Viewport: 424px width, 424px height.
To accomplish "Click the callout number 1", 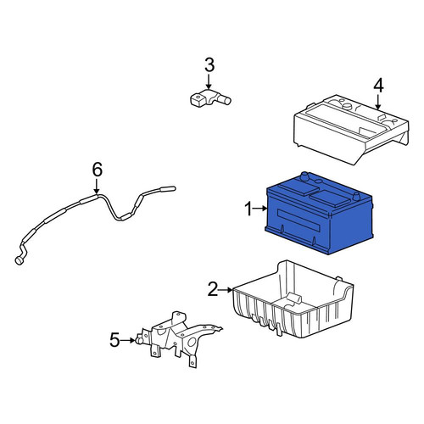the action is pyautogui.click(x=248, y=209).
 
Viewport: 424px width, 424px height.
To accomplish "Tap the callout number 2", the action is pyautogui.click(x=214, y=289).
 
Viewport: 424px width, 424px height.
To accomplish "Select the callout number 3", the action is pyautogui.click(x=209, y=64).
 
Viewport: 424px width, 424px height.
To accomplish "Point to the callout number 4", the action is pyautogui.click(x=378, y=86).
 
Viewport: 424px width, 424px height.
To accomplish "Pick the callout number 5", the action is pyautogui.click(x=114, y=340).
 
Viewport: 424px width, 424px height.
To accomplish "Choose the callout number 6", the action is pyautogui.click(x=98, y=170).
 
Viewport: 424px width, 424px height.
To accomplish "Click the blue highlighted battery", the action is pyautogui.click(x=319, y=213).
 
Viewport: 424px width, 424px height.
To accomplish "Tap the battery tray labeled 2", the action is pyautogui.click(x=293, y=299).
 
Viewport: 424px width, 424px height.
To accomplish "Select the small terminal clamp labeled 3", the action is pyautogui.click(x=209, y=98).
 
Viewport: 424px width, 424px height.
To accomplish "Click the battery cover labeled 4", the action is pyautogui.click(x=351, y=130).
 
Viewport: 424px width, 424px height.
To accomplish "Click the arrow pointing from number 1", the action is pyautogui.click(x=260, y=209).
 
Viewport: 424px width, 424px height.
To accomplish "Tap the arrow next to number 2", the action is pyautogui.click(x=226, y=289).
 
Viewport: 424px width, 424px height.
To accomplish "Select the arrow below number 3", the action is pyautogui.click(x=209, y=82).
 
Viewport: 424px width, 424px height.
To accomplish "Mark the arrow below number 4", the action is pyautogui.click(x=378, y=102).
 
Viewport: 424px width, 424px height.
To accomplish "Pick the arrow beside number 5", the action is pyautogui.click(x=127, y=340).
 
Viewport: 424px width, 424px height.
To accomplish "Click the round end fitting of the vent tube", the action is pyautogui.click(x=20, y=260).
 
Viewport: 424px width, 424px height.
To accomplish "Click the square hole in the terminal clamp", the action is pyautogui.click(x=198, y=98).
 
